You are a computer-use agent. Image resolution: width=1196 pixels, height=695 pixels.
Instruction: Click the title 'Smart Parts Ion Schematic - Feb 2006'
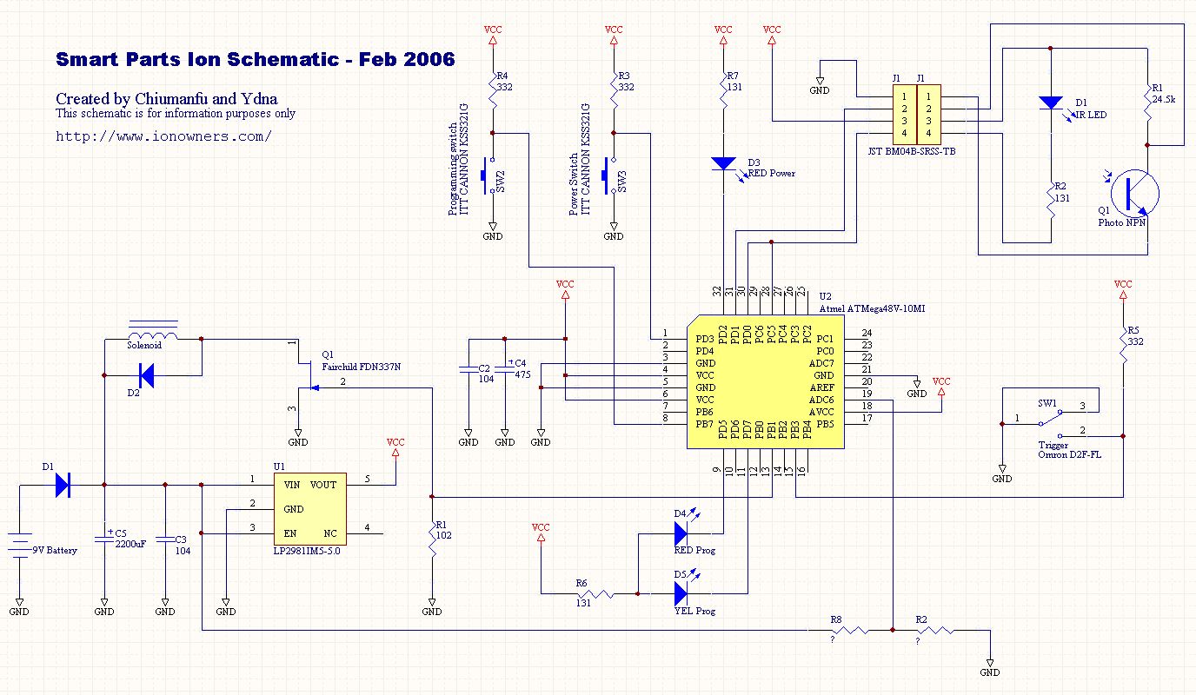point(255,60)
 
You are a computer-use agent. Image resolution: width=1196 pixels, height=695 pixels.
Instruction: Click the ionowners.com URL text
point(163,136)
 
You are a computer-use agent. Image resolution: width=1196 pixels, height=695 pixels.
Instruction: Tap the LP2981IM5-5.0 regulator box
point(309,508)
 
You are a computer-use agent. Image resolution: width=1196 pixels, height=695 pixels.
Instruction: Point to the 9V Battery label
point(55,550)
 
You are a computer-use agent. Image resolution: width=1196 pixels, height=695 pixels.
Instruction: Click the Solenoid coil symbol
point(153,334)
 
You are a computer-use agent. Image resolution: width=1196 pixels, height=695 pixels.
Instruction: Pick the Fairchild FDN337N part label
point(362,367)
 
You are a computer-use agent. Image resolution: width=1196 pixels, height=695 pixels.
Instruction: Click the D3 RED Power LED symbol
point(723,163)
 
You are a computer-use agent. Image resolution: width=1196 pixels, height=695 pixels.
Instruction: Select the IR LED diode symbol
point(1051,103)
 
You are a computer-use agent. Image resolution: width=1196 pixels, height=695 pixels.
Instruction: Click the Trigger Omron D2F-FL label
point(1069,450)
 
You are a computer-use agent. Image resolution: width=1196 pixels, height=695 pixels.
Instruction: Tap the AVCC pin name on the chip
point(821,412)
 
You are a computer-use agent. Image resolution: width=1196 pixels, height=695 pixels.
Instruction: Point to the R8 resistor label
point(836,619)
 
